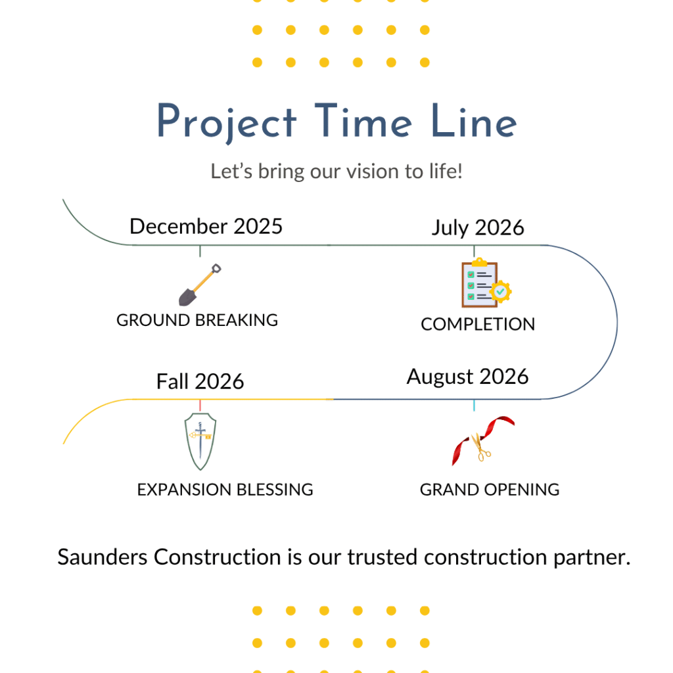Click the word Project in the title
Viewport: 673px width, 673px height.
pos(227,122)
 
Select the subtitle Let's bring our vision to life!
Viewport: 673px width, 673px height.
pos(336,172)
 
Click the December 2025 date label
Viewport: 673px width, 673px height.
pos(206,226)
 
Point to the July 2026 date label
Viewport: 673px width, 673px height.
pos(478,227)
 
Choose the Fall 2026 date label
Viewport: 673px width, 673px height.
pos(200,381)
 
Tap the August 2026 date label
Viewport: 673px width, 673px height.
pos(467,377)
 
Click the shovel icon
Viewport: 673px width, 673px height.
pos(200,285)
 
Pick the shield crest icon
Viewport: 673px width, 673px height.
pos(200,442)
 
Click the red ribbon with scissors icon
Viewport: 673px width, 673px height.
pos(483,440)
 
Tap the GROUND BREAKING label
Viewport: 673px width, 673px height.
pos(197,320)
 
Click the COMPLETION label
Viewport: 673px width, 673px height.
pos(478,324)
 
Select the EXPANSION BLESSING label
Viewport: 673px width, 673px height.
pos(225,490)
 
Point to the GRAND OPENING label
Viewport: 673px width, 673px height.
pos(490,490)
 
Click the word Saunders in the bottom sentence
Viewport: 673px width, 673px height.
pos(103,557)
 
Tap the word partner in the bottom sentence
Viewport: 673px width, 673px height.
pos(592,558)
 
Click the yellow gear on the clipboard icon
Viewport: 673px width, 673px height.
pos(500,292)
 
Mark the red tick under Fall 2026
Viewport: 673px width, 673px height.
pos(200,405)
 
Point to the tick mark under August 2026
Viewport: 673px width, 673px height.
pos(474,405)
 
